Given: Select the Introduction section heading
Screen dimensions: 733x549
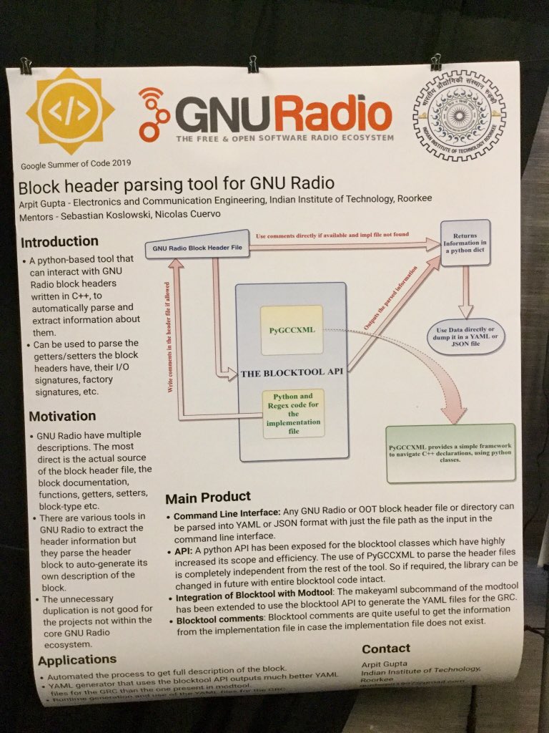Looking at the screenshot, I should point(60,241).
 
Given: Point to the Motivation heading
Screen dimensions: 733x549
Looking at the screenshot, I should point(62,416).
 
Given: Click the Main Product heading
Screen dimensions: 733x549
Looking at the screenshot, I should point(208,497).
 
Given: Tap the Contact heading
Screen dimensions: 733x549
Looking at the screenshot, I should point(386,649).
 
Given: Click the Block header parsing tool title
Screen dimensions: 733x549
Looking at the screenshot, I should point(176,185).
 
